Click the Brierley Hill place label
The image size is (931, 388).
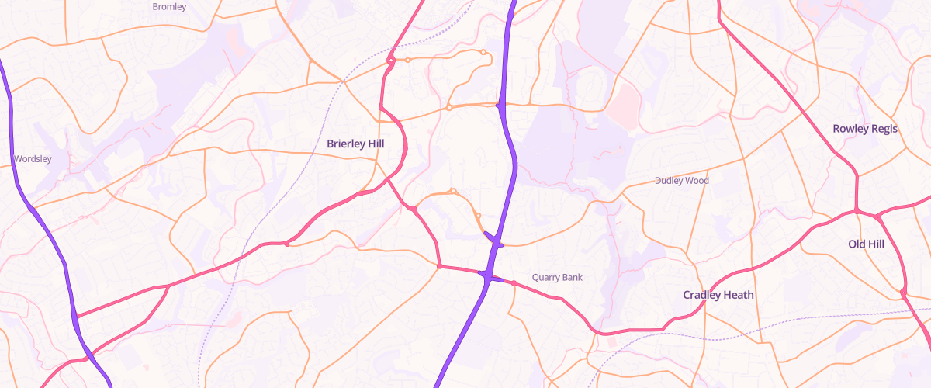click(x=356, y=144)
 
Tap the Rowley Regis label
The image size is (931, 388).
click(x=865, y=128)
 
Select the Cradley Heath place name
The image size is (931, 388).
click(x=718, y=295)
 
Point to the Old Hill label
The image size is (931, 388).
click(x=866, y=244)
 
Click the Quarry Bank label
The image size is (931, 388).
click(x=557, y=277)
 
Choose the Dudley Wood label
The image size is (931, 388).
click(x=682, y=181)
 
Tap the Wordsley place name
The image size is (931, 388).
click(x=33, y=159)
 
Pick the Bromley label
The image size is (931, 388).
click(x=169, y=6)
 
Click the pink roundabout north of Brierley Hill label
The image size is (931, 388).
click(x=392, y=60)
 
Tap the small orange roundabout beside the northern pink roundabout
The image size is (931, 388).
click(x=408, y=60)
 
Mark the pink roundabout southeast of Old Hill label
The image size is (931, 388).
click(x=904, y=292)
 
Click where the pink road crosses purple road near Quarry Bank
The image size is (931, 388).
click(x=488, y=275)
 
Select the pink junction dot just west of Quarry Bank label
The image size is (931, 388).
click(x=514, y=283)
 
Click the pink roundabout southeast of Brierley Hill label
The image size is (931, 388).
click(x=415, y=209)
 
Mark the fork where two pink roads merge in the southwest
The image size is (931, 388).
click(x=168, y=286)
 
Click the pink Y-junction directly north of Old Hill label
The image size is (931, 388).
click(x=857, y=210)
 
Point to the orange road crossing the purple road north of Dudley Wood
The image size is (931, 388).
click(x=501, y=105)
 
